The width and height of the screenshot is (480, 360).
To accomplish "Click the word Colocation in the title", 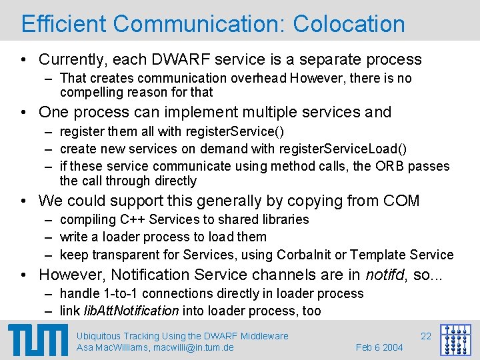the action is point(349,24).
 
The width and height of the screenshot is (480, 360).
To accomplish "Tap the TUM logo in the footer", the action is point(38,341).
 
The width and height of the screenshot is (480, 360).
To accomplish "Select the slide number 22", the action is point(426,336).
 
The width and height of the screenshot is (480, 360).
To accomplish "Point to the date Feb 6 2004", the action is point(379,348).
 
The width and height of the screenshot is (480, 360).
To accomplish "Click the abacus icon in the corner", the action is point(456,341).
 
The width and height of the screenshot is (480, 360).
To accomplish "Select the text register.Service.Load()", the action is point(341,149).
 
